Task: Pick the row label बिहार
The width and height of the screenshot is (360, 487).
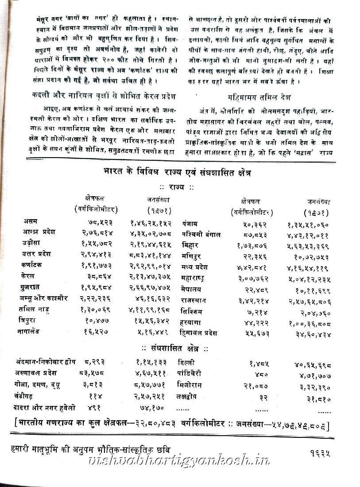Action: pos(191,245)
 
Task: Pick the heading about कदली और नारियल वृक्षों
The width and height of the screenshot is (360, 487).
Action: pos(101,96)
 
